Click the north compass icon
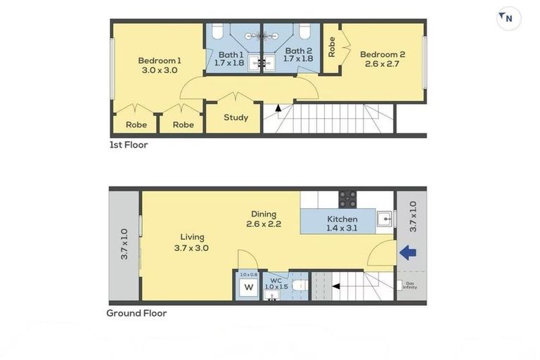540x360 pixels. pos(508,18)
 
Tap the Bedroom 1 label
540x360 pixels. pos(159,60)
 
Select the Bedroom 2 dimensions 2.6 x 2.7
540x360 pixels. pos(382,64)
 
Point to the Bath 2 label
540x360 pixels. pos(298,51)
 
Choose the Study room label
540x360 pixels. pos(236,117)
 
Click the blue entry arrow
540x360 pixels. pos(408,252)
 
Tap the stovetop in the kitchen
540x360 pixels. pos(347,200)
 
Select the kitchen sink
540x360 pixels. pos(385,219)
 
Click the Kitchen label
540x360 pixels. pos(342,219)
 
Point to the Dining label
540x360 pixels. pos(264,214)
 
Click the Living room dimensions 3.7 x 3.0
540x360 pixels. pos(191,247)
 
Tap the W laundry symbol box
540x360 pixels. pos(248,287)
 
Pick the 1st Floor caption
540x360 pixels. pos(128,145)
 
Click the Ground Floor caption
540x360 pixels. pos(136,313)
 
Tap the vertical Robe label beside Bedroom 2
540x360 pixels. pos(331,46)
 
